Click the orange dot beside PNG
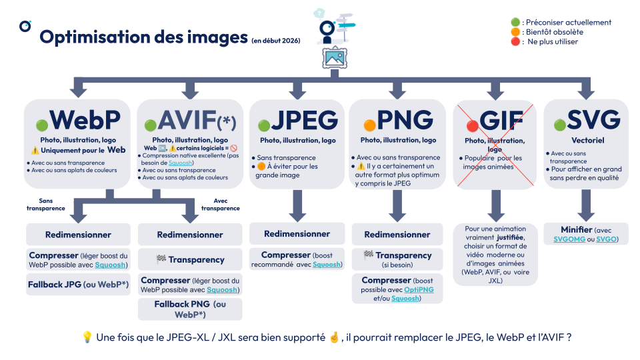pyautogui.click(x=369, y=125)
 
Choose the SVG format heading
pyautogui.click(x=593, y=121)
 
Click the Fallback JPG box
pyautogui.click(x=78, y=285)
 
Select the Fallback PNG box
pyautogui.click(x=190, y=309)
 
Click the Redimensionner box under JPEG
pyautogui.click(x=297, y=233)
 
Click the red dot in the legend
pyautogui.click(x=515, y=41)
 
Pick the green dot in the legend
pyautogui.click(x=515, y=23)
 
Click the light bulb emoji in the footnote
pyautogui.click(x=87, y=337)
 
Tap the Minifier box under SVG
pyautogui.click(x=586, y=235)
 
